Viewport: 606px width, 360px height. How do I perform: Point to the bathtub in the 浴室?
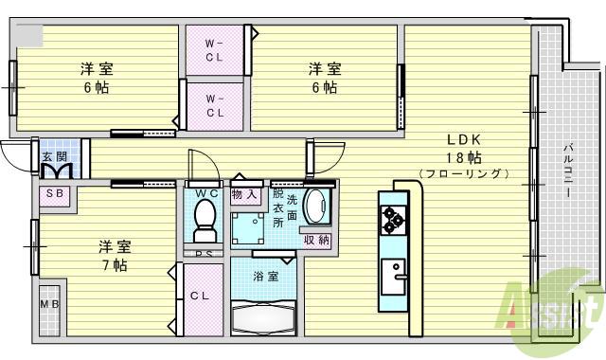click(x=264, y=318)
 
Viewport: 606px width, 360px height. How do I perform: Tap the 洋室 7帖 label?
click(x=114, y=256)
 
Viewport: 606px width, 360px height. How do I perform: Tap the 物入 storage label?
click(x=244, y=194)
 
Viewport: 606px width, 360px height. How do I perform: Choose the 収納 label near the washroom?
click(x=317, y=240)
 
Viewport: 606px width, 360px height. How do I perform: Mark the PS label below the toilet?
click(x=205, y=254)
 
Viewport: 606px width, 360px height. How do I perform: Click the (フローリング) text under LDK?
click(x=463, y=173)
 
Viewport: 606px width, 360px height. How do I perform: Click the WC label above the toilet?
click(x=205, y=194)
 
